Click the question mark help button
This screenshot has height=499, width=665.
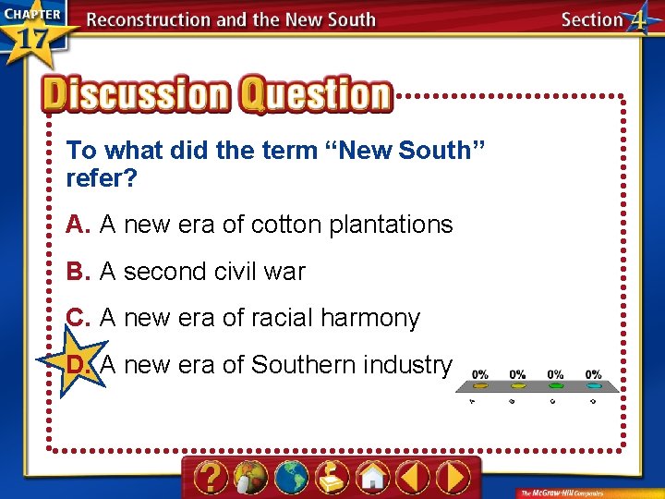tap(212, 478)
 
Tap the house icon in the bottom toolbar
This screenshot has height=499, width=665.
tap(372, 478)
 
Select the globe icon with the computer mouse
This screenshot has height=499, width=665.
tap(251, 478)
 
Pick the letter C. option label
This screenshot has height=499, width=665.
tap(78, 318)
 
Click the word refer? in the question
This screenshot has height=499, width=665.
tap(101, 177)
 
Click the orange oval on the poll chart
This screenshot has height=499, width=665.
tap(518, 385)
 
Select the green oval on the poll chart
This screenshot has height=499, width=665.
tap(556, 385)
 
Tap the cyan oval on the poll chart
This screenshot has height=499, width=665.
tap(593, 385)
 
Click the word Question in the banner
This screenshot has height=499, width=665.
tap(316, 93)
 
